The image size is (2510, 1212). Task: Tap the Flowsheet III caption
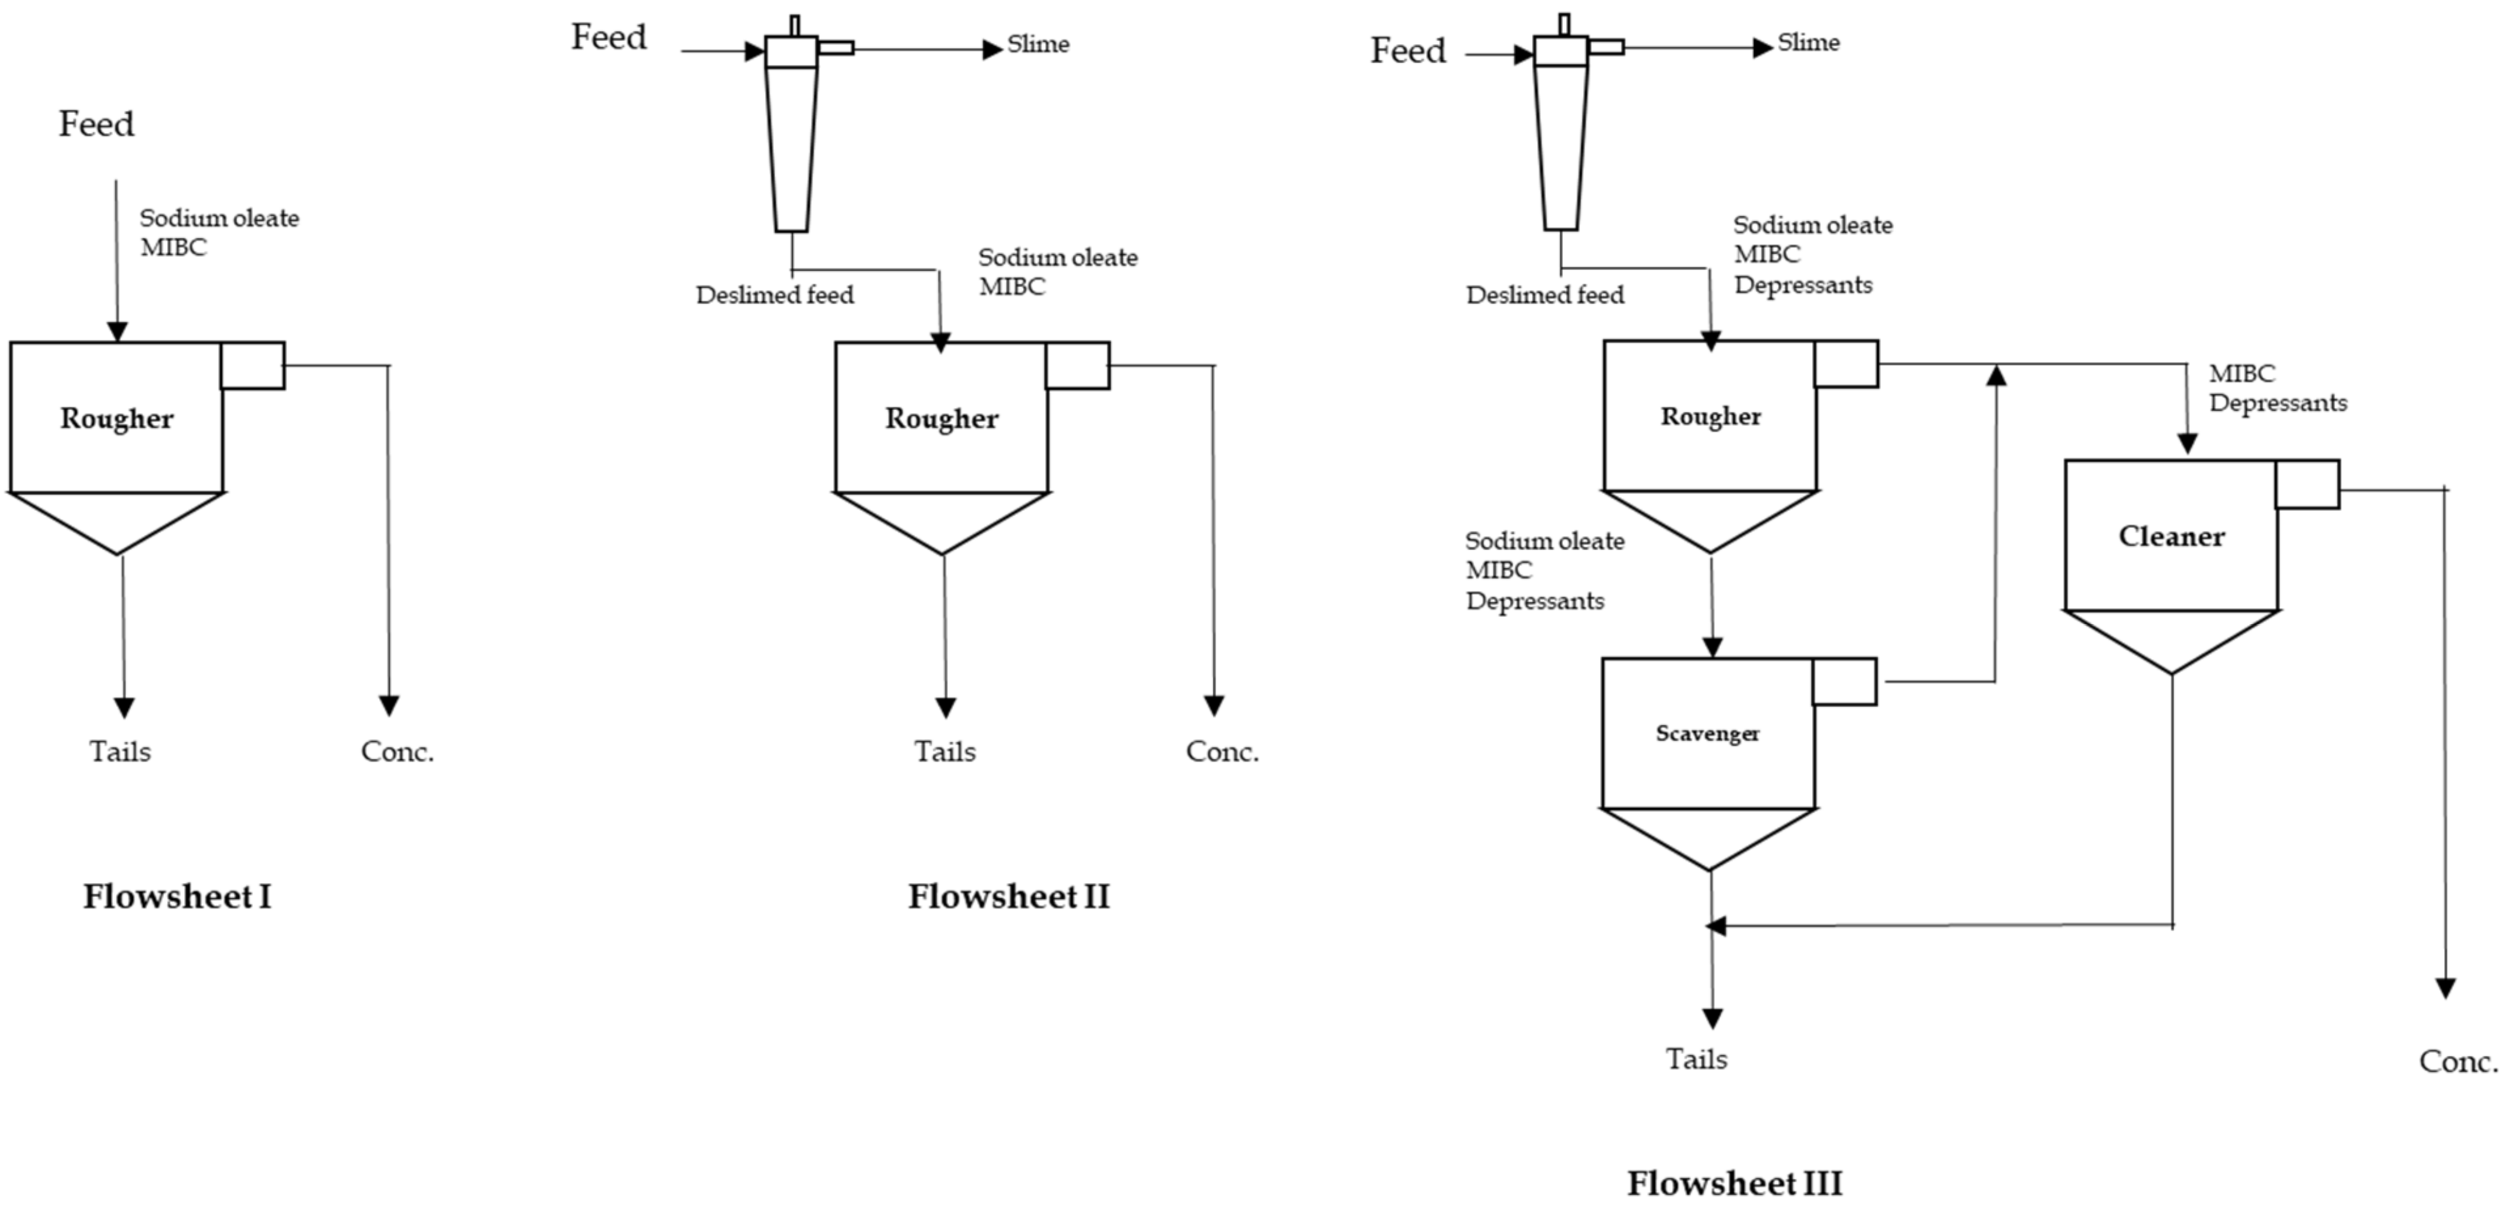(1735, 1183)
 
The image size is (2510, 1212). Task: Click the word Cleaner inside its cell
(2171, 537)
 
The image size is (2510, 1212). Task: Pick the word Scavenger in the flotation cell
(1707, 734)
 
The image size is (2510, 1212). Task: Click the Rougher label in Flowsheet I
(117, 419)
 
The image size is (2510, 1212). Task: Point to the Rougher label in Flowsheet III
(1710, 417)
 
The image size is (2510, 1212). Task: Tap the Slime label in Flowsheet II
(1038, 45)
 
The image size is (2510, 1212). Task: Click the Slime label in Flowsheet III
(1809, 43)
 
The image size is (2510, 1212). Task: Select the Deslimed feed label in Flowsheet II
(775, 295)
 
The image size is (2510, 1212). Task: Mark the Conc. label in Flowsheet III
(2458, 1061)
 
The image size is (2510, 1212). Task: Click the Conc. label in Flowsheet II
(1222, 752)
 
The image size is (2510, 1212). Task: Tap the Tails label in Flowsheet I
(120, 752)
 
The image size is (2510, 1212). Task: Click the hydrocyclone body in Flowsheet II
(791, 146)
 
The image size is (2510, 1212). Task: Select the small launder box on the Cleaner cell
(2307, 485)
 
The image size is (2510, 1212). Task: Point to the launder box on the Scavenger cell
(1843, 682)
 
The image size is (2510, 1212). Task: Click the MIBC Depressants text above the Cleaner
(2276, 389)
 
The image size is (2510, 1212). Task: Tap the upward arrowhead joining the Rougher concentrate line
(1996, 375)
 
